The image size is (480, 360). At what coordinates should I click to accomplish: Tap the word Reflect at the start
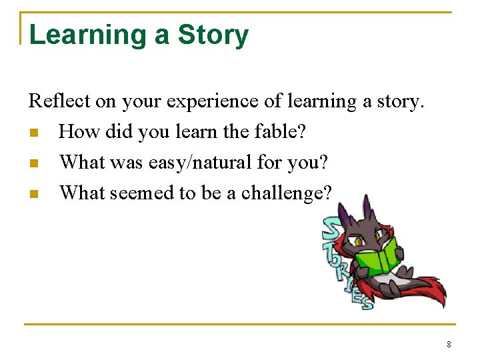53,101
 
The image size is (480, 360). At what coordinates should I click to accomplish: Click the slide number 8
449,345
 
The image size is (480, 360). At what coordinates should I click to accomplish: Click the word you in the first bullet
153,132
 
